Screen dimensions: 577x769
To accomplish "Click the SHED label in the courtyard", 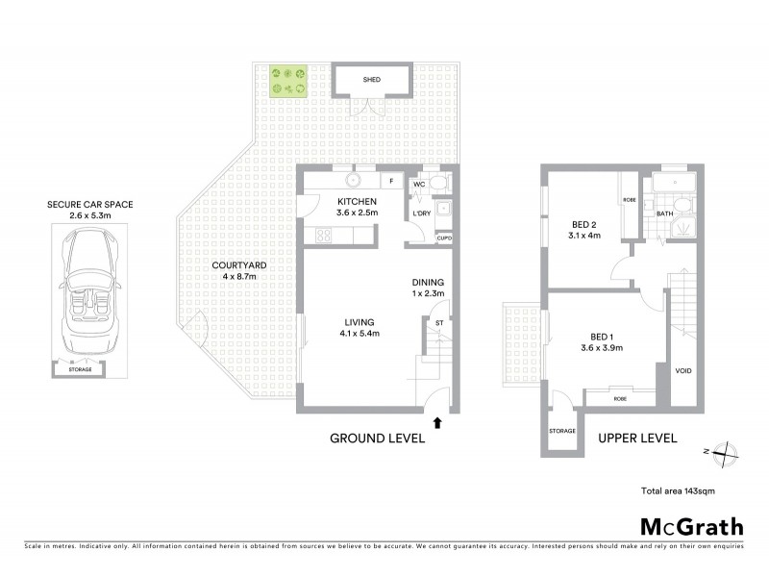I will (x=371, y=80).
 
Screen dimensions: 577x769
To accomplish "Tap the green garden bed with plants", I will (x=288, y=82).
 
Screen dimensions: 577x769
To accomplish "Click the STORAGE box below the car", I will (x=80, y=369).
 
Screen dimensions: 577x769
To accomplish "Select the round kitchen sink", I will (x=354, y=179).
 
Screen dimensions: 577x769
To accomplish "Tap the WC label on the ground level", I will (x=419, y=184).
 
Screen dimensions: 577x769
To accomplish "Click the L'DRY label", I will (x=420, y=213).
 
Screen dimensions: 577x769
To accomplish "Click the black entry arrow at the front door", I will (x=439, y=422).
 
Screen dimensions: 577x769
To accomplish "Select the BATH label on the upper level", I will (x=664, y=213).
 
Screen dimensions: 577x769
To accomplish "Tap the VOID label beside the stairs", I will (x=683, y=369).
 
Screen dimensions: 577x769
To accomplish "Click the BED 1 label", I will (x=603, y=337).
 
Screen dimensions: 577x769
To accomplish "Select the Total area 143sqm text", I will (x=678, y=490).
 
